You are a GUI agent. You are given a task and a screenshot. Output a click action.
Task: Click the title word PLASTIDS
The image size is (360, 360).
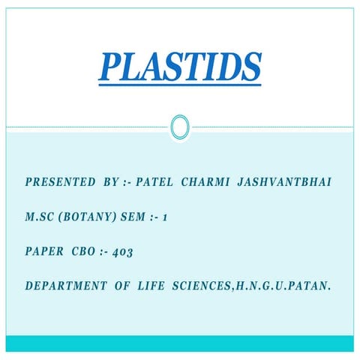(x=180, y=69)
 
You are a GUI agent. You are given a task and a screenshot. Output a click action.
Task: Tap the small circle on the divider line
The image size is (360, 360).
(x=180, y=127)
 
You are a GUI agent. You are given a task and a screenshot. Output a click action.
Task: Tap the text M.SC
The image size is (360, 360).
(x=40, y=217)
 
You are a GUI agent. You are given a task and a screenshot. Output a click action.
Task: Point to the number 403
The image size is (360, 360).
(x=123, y=253)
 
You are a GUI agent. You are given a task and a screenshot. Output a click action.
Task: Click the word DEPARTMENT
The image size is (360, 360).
(x=66, y=286)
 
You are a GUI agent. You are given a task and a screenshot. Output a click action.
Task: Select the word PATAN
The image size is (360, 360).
(x=313, y=286)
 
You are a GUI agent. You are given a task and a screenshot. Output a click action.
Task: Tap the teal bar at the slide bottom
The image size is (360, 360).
(x=180, y=343)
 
